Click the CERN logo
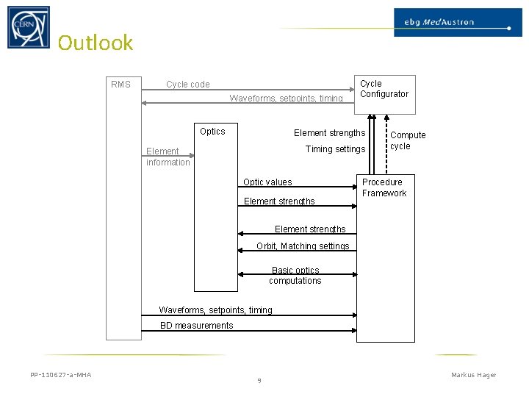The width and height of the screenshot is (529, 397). (29, 27)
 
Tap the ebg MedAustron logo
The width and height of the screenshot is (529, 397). (453, 22)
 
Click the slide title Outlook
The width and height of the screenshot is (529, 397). (96, 43)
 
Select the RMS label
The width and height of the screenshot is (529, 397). (120, 85)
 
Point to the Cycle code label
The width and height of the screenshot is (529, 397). (187, 85)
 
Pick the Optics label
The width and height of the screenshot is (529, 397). (212, 132)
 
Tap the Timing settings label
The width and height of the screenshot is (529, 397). (335, 149)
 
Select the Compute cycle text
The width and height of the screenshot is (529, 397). (407, 140)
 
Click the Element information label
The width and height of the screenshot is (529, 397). (168, 157)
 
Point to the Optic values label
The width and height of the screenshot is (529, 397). (267, 182)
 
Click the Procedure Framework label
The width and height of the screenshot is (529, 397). (384, 187)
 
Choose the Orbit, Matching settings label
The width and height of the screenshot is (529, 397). (303, 246)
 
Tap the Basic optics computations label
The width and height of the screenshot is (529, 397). (295, 276)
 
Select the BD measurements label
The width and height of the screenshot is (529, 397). (197, 326)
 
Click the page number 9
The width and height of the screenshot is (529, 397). (259, 381)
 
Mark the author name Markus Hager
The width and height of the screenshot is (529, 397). (473, 376)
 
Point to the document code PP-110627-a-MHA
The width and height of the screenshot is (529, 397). (61, 376)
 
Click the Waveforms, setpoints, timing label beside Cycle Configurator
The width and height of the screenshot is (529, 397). (286, 99)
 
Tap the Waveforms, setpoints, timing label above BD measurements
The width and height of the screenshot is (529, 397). (215, 310)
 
